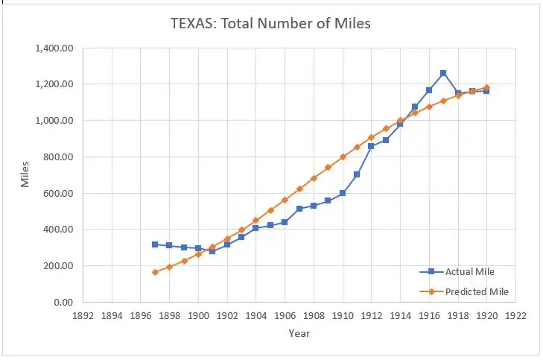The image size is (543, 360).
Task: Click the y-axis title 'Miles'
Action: tap(25, 174)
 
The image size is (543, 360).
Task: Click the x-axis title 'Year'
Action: tap(299, 333)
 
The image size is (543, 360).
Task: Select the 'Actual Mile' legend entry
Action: tap(469, 272)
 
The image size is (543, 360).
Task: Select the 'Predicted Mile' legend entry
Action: tap(477, 291)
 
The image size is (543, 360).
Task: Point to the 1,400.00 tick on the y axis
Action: tap(53, 48)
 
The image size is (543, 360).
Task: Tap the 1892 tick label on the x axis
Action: tap(83, 316)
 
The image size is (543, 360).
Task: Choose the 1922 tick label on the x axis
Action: tap(515, 316)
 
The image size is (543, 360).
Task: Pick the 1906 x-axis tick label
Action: tap(285, 316)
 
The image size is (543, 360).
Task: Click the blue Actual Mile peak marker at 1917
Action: tap(443, 73)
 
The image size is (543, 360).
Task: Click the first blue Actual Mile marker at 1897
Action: tap(155, 244)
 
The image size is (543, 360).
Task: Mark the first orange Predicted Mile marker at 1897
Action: tap(155, 272)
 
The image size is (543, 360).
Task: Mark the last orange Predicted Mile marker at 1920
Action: tap(486, 87)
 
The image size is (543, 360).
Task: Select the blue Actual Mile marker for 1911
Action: tap(357, 174)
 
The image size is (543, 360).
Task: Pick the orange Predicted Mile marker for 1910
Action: tap(343, 157)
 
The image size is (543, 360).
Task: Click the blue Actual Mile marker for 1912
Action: tap(371, 146)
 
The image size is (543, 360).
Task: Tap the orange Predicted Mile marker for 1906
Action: tap(285, 200)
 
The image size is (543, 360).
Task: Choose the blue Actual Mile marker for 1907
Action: tap(299, 209)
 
